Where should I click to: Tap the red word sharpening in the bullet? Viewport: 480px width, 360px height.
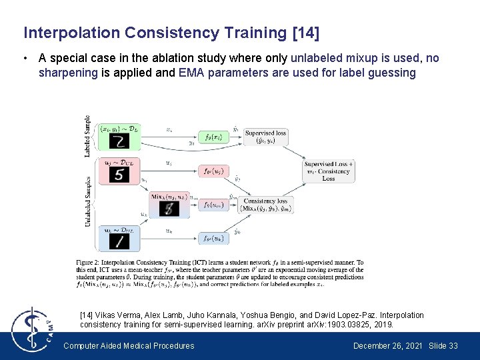[x=68, y=72]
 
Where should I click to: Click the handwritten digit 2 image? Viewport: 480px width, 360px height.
[x=119, y=141]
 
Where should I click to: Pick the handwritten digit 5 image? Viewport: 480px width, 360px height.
[x=119, y=175]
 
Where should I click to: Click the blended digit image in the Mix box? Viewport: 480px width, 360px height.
[x=171, y=208]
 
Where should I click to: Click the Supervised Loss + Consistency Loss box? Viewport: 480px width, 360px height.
[x=328, y=171]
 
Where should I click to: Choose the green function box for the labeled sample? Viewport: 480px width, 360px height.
[x=214, y=137]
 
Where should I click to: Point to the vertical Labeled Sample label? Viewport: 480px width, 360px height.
[x=87, y=137]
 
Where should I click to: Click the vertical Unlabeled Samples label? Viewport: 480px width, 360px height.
[x=87, y=201]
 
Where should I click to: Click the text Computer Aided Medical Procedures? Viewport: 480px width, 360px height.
[x=129, y=345]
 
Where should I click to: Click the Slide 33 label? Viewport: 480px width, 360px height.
[x=443, y=345]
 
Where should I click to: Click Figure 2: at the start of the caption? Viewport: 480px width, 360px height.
[x=91, y=264]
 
